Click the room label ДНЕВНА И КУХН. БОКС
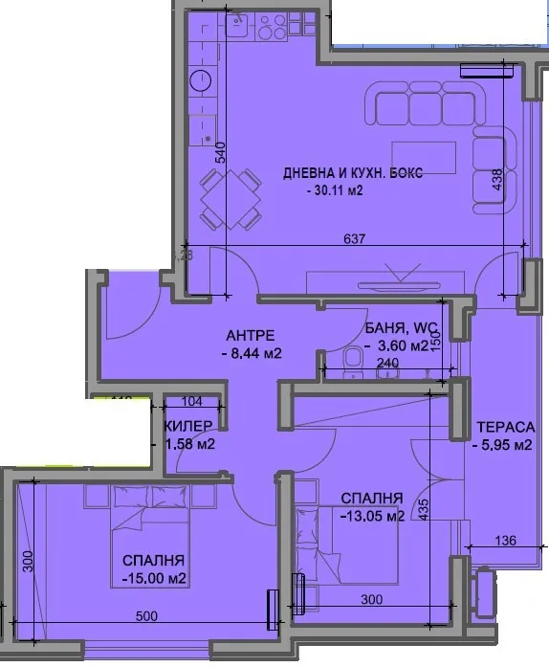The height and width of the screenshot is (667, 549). [x=352, y=173]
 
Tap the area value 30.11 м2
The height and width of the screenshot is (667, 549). [x=338, y=191]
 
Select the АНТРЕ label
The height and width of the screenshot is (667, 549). [x=251, y=335]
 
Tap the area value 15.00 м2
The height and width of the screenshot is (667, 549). [x=153, y=578]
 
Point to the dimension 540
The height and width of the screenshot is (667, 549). [x=220, y=153]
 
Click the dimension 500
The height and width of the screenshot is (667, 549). [x=145, y=617]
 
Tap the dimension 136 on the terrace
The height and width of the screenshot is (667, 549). [x=505, y=541]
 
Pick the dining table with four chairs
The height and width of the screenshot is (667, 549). [x=231, y=198]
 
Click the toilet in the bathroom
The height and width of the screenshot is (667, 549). [x=350, y=359]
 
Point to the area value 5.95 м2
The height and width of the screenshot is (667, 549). [x=503, y=444]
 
